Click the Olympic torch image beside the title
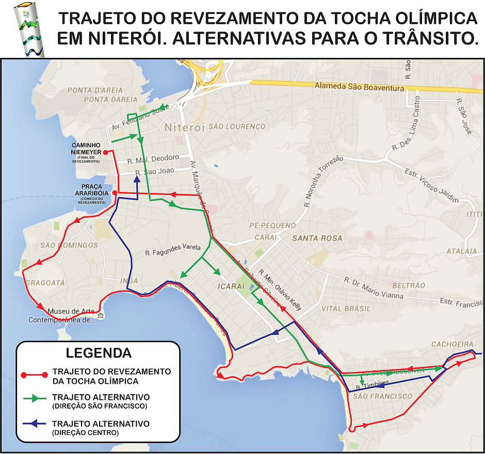pos(29,29)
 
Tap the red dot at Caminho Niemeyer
pos(105,152)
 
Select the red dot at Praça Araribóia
pos(114,192)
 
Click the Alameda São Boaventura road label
pos(360,88)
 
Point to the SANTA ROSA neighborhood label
pos(317,238)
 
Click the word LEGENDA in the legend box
pos(98,353)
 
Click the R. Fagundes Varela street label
pos(172,251)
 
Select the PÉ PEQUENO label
pos(272,225)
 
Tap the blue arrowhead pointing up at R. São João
pos(137,180)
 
